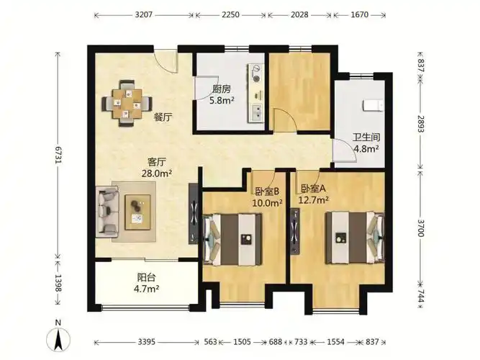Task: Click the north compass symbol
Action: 58,336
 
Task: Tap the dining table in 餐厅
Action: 127,104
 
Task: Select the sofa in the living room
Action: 107,212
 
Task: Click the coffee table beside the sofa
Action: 137,212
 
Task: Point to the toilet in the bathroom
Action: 373,105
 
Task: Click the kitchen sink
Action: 256,112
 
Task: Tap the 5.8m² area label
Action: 222,100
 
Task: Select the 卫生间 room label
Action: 366,137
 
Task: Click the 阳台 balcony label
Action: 146,278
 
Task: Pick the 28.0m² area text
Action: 157,174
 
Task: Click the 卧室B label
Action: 267,192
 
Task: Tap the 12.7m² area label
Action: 314,200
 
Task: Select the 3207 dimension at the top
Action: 144,14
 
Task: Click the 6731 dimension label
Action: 58,155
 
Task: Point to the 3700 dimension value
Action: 421,228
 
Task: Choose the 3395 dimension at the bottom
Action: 147,341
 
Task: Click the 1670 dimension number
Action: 359,14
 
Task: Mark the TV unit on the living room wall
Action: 193,214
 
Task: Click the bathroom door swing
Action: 345,150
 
